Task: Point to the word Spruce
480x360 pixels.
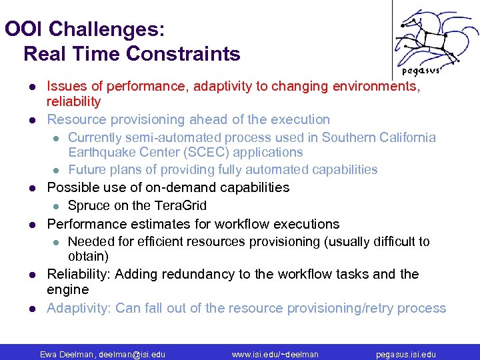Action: (x=89, y=205)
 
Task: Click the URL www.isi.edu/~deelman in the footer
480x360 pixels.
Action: (x=275, y=355)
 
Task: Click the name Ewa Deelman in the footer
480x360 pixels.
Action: (x=66, y=355)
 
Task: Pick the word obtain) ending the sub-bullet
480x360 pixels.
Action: (x=88, y=257)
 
